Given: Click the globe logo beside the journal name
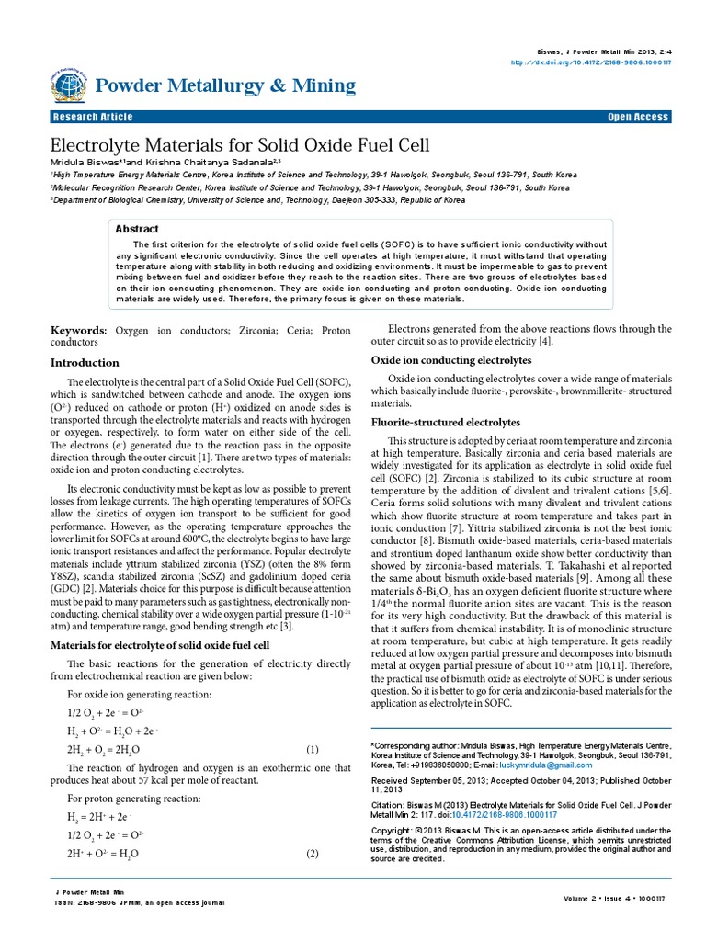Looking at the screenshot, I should click(69, 85).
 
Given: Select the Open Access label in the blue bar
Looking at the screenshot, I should click(638, 117).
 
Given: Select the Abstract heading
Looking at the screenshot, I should click(136, 229).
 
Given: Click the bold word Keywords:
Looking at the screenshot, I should click(78, 329).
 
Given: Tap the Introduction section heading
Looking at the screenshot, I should click(85, 362).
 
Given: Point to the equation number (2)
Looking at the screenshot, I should click(312, 854).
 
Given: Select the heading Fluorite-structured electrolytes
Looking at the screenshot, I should click(445, 422).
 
